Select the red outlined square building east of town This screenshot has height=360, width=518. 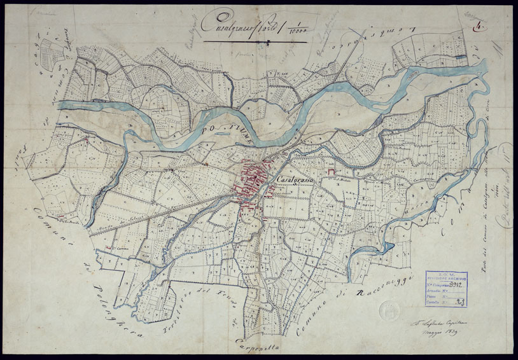pos(330,172)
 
